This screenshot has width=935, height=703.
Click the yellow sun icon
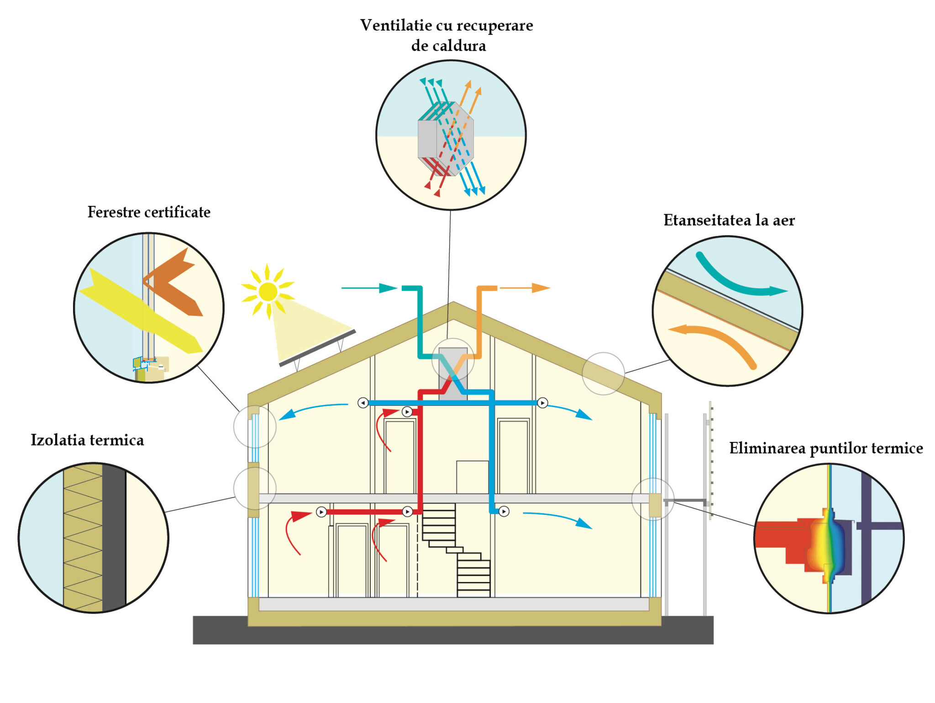click(x=268, y=292)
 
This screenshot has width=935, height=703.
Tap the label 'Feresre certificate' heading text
click(x=149, y=212)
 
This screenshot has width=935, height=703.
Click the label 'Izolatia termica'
click(x=87, y=440)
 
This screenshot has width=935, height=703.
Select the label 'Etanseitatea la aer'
click(x=729, y=220)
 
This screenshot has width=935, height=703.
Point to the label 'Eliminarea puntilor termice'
click(x=826, y=448)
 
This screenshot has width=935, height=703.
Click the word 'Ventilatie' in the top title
click(x=396, y=25)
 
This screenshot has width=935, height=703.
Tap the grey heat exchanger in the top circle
click(x=446, y=139)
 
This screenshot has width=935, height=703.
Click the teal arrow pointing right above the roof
click(x=369, y=288)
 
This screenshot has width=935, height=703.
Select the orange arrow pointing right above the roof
click(x=525, y=288)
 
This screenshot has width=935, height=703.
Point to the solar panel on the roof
click(x=318, y=348)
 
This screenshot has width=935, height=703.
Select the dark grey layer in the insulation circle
click(x=114, y=538)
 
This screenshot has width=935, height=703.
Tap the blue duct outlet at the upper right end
click(x=542, y=403)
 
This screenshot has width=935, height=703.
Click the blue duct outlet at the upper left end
click(x=363, y=403)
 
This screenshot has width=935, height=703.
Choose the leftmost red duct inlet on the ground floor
click(x=321, y=512)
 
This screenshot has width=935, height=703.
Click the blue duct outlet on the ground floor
click(x=504, y=512)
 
